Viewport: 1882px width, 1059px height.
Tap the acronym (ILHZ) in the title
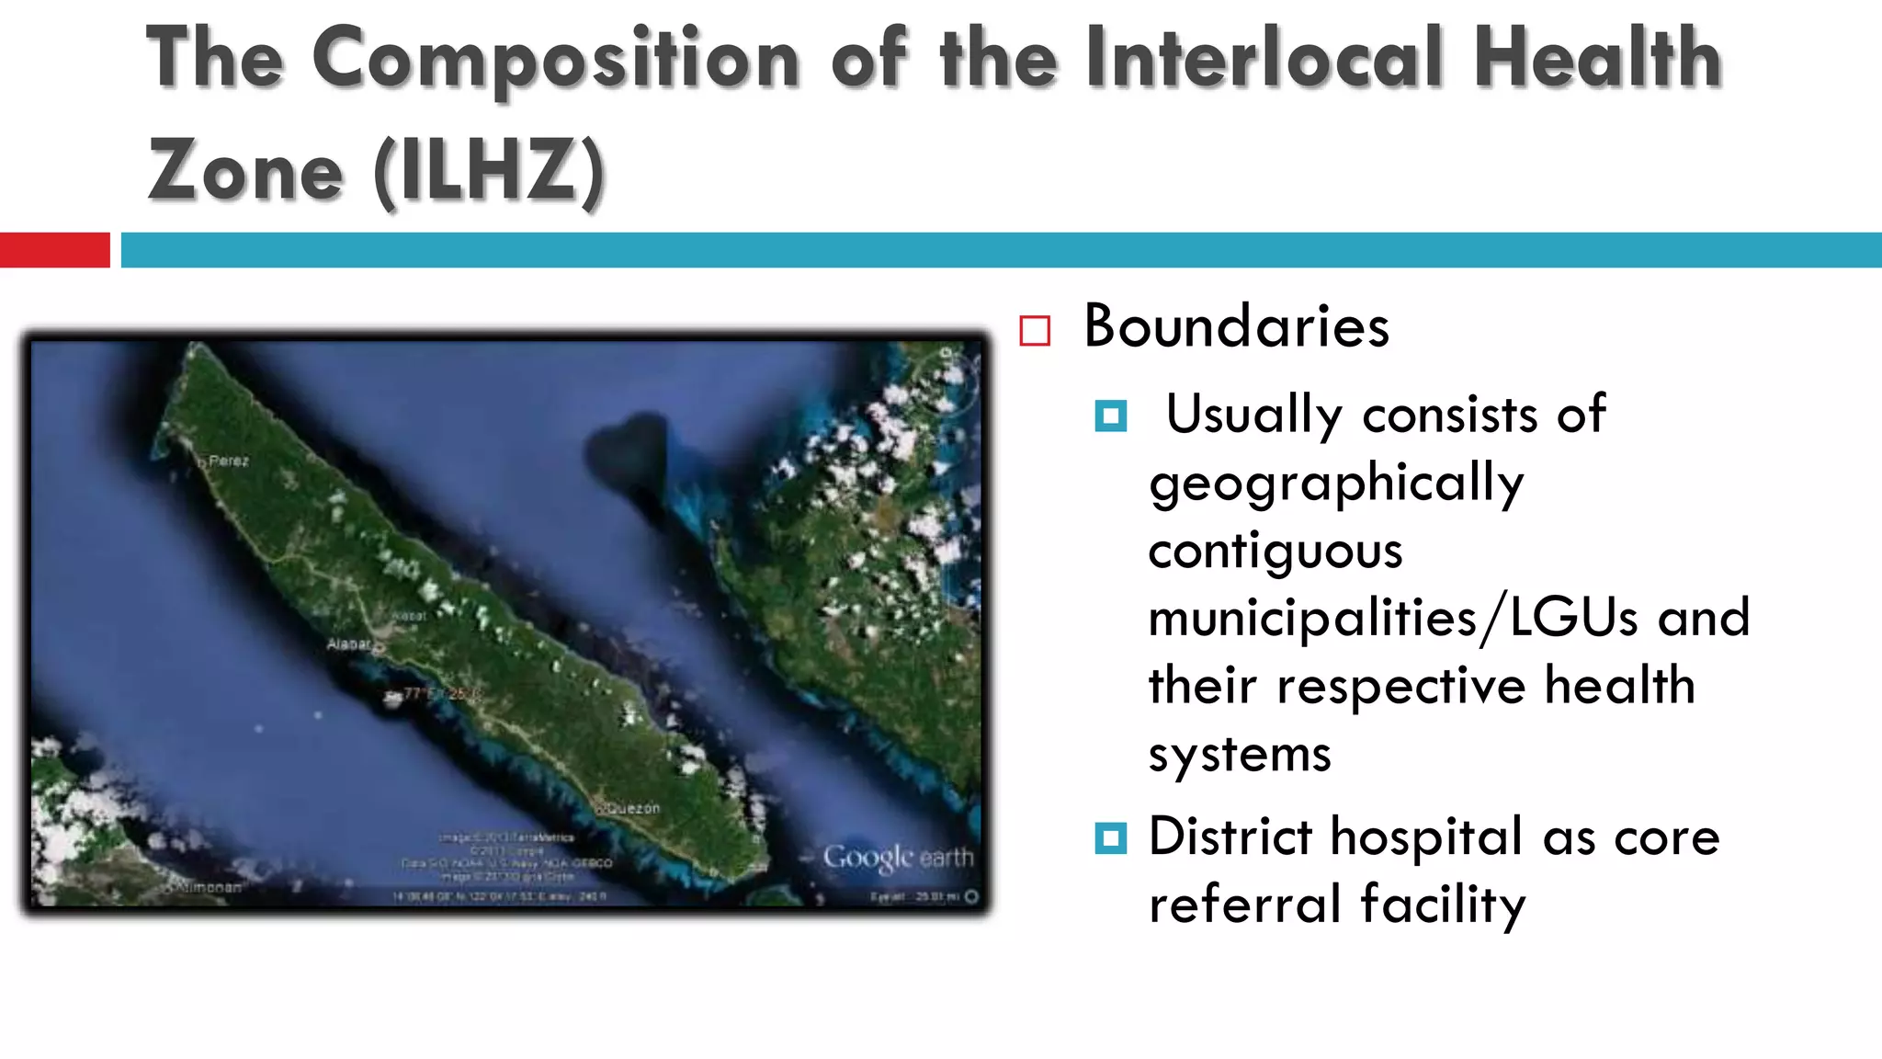[490, 171]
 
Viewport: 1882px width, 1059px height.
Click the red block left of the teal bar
[54, 250]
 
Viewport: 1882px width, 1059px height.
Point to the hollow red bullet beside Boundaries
[1035, 331]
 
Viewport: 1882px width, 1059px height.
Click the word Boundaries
[1236, 326]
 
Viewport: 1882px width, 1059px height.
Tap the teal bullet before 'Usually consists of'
[1111, 416]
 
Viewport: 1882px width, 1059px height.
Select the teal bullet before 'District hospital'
[1111, 838]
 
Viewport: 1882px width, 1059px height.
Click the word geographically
[1336, 484]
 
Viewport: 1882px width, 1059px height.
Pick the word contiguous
[1275, 552]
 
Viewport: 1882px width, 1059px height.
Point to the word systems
[1240, 755]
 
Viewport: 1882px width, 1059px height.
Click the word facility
[1443, 905]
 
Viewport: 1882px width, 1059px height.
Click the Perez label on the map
[229, 461]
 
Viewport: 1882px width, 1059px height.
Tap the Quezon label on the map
[632, 809]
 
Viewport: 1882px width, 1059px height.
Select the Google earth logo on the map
[898, 858]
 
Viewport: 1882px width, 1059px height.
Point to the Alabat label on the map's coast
[349, 644]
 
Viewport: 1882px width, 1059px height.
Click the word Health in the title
[1597, 58]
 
